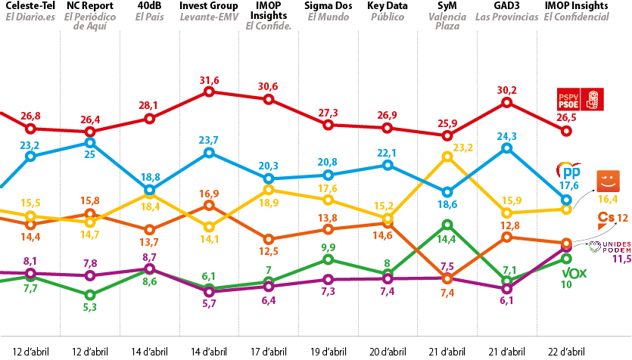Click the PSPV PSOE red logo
(x=580, y=99)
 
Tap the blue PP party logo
(x=569, y=171)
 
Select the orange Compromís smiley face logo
(x=609, y=182)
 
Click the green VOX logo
(x=574, y=274)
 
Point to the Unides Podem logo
(x=609, y=247)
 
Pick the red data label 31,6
(x=209, y=80)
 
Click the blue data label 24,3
(x=506, y=136)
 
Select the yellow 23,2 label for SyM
(x=462, y=147)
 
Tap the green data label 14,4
(x=447, y=239)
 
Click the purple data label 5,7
(x=209, y=303)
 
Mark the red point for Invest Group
(x=209, y=92)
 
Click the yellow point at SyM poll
(x=447, y=157)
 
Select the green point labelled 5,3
(x=89, y=295)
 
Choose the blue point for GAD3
(x=506, y=148)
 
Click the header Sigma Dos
(x=328, y=6)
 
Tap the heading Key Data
(x=388, y=6)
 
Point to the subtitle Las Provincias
(x=506, y=17)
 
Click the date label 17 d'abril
(x=269, y=352)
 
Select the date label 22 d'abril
(x=566, y=352)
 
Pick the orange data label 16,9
(x=209, y=194)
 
